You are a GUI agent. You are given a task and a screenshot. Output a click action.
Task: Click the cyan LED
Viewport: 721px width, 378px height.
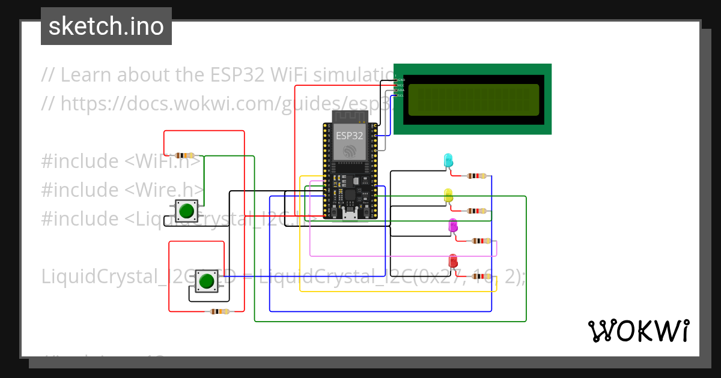click(448, 160)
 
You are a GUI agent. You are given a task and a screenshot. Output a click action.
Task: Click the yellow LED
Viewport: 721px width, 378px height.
click(448, 195)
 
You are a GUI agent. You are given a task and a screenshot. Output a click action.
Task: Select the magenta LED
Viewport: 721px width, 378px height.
click(453, 226)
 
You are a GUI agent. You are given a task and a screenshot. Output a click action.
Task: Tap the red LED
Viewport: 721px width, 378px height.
click(453, 262)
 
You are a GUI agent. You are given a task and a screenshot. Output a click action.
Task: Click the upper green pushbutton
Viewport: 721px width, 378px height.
click(186, 211)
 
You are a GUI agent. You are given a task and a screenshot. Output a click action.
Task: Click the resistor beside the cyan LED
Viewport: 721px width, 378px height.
click(476, 176)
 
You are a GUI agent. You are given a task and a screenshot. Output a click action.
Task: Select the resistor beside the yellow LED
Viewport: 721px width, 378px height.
click(476, 211)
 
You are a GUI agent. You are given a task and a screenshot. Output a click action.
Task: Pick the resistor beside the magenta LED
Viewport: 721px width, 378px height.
click(481, 241)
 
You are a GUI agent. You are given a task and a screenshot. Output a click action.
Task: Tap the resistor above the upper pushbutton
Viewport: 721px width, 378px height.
click(184, 155)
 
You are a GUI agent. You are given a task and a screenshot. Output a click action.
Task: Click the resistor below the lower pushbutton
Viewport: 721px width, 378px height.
click(218, 311)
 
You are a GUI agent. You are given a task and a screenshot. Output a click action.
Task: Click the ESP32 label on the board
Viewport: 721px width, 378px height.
click(349, 136)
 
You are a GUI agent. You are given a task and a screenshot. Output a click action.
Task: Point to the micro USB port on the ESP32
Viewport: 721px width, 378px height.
click(349, 216)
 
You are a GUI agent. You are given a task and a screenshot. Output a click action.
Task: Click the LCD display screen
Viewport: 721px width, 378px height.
click(473, 100)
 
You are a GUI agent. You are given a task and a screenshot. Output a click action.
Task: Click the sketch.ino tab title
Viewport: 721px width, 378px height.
click(106, 26)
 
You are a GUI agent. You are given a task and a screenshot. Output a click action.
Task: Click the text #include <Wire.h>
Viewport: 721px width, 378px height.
click(123, 190)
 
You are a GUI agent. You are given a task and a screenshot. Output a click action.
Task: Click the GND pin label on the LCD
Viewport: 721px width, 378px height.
click(401, 80)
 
